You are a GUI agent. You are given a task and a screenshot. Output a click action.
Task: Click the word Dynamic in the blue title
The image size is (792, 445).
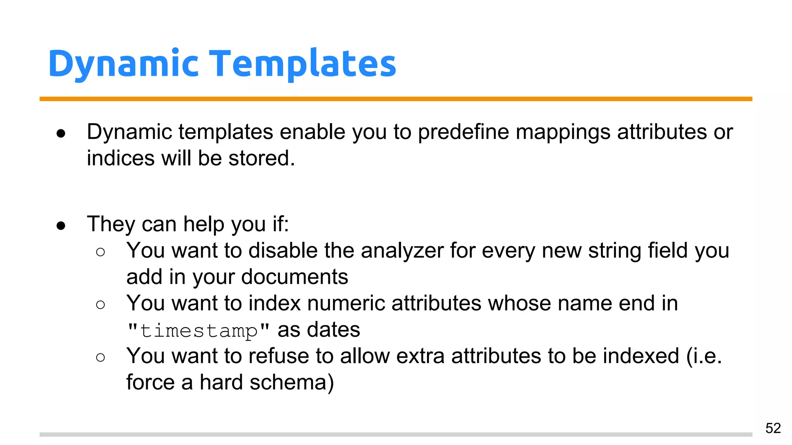[123, 64]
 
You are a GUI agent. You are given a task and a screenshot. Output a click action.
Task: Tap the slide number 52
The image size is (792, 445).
[773, 428]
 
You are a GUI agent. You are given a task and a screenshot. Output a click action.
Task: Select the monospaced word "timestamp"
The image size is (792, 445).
[198, 331]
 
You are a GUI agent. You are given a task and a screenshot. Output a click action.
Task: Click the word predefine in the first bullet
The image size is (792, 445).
[463, 132]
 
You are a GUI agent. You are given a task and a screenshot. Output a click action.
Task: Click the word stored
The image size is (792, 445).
[261, 158]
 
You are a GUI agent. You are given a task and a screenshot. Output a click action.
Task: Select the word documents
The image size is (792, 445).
[294, 277]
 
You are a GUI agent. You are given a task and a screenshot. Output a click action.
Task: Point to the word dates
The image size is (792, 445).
[333, 330]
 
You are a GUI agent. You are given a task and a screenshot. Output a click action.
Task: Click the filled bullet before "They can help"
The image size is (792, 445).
[61, 226]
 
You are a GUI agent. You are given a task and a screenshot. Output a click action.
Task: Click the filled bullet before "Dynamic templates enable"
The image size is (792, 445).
[61, 134]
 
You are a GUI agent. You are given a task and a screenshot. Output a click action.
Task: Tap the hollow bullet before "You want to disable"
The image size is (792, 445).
[100, 252]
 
